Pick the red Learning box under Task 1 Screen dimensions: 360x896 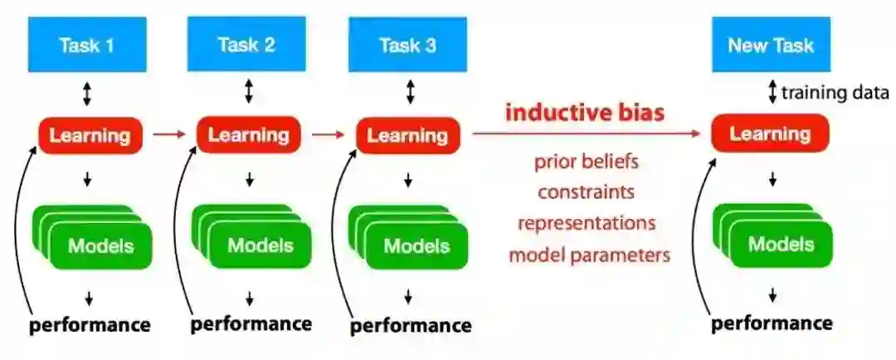90,135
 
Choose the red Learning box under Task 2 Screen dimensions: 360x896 248,135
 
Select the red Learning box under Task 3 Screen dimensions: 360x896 407,135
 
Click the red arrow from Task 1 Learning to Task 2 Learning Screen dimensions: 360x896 169,135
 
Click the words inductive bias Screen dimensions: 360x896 585,112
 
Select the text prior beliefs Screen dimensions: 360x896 586,161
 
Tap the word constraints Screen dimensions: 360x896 586,192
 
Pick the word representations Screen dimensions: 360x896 587,223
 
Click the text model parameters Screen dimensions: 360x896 589,255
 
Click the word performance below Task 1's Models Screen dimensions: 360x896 90,324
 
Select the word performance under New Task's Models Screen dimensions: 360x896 771,323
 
